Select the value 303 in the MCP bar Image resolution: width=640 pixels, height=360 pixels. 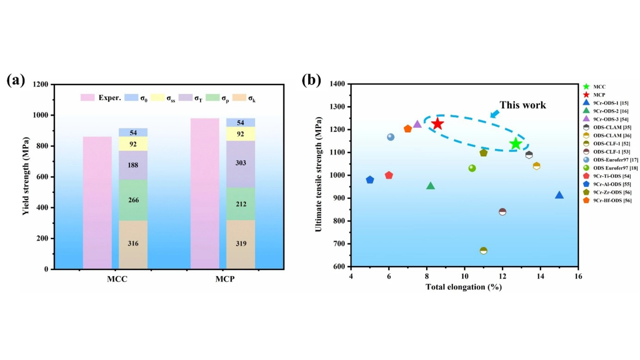pos(241,163)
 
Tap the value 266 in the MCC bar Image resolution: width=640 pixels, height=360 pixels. pos(133,200)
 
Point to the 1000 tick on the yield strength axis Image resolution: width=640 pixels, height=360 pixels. pos(40,115)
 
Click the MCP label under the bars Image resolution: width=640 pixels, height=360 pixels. pos(225,279)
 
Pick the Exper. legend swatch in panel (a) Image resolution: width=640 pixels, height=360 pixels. pos(88,98)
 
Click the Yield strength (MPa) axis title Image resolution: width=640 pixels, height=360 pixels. pos(26,176)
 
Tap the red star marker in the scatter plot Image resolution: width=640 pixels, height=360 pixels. pos(437,124)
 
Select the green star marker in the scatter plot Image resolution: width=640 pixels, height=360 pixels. pos(516,144)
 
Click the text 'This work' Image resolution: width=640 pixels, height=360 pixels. pos(523,105)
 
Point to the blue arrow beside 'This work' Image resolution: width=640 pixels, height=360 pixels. pos(495,114)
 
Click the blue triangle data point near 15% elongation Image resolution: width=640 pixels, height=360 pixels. pos(559,195)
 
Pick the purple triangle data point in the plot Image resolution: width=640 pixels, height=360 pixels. pos(417,124)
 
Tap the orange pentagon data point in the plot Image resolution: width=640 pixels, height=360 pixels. pos(408,129)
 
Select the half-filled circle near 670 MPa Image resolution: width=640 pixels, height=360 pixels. pos(483,251)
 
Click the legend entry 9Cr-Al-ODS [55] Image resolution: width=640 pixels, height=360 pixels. pos(612,184)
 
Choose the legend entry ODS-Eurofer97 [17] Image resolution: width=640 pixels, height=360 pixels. pos(615,160)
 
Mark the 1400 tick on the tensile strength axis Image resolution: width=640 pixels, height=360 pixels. pos(337,84)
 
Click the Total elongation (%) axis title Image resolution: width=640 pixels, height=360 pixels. pos(464,287)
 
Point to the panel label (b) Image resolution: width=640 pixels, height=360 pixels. pos(311,80)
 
